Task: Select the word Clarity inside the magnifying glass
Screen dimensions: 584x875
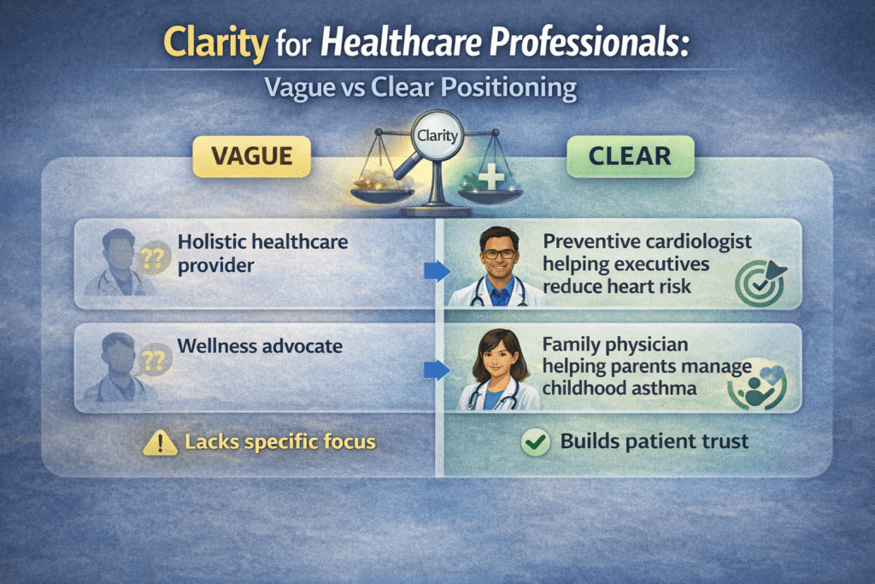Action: tap(437, 135)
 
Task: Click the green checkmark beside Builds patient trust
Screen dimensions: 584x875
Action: tap(535, 442)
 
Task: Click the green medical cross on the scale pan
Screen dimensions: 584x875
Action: tap(492, 180)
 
